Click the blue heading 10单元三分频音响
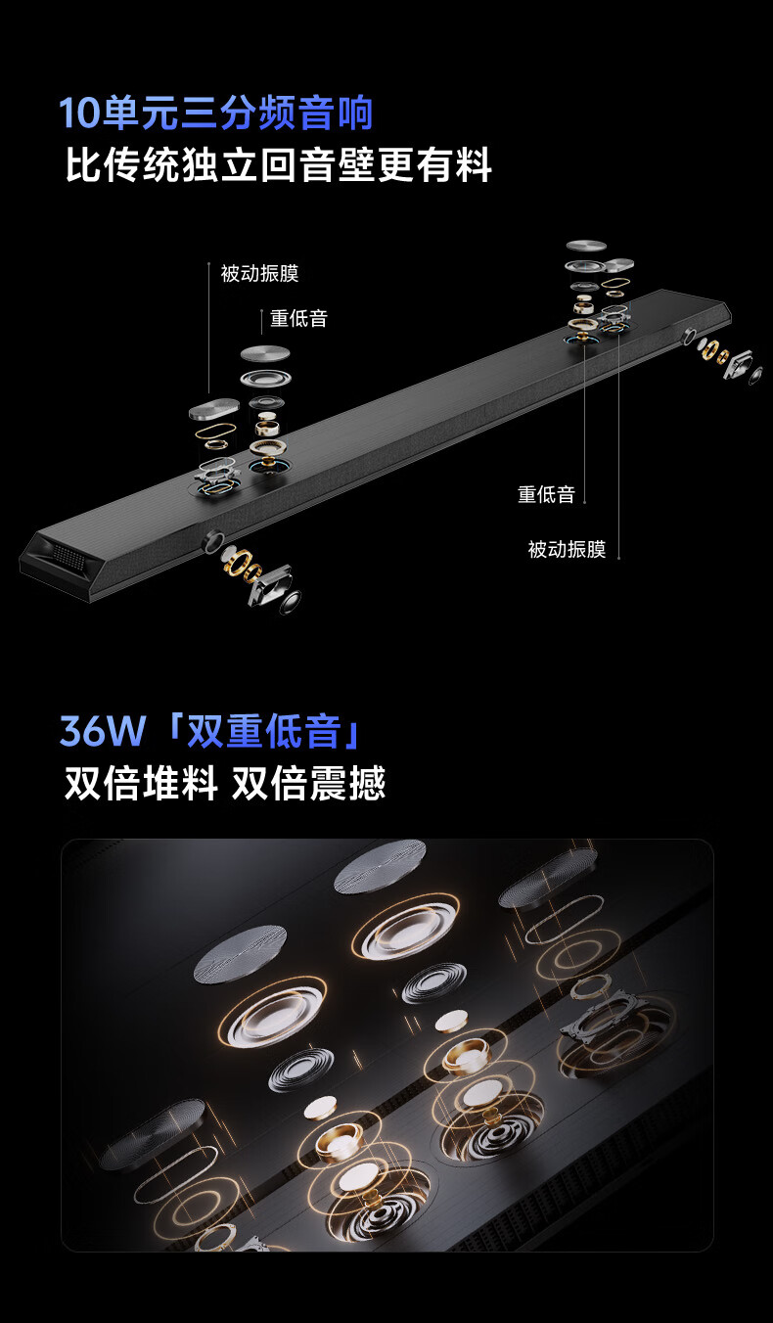(216, 113)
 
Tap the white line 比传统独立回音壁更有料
(278, 164)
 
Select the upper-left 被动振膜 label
(260, 273)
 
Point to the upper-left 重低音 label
(298, 318)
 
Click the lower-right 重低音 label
(546, 494)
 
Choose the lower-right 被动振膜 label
(567, 549)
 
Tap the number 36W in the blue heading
(102, 731)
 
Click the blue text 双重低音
(264, 731)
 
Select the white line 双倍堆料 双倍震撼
(225, 783)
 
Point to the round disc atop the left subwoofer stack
(265, 354)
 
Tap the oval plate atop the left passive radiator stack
(213, 409)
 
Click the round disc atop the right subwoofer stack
(586, 247)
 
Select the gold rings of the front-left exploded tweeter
(242, 563)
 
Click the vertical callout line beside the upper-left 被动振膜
(209, 328)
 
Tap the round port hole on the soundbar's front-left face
(213, 540)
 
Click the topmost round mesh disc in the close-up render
(381, 866)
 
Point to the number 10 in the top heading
(80, 113)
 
